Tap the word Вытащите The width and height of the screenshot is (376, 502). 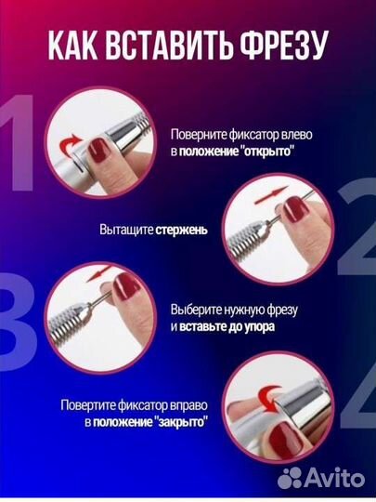[125, 228]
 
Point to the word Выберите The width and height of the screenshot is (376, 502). [197, 310]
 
